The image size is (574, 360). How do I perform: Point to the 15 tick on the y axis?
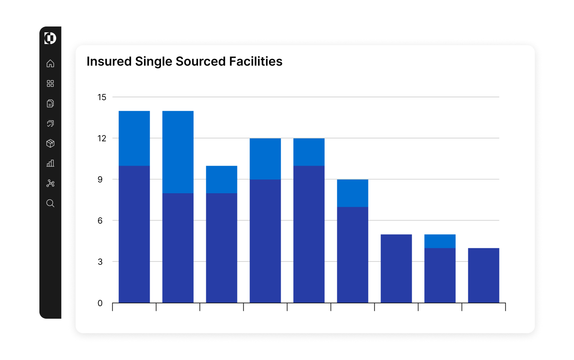102,97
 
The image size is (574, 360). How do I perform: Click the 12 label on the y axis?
102,138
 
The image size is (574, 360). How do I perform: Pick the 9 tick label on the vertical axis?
100,180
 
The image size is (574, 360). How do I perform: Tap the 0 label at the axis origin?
100,303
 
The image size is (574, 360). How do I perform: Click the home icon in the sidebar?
50,64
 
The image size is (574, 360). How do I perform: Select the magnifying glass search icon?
50,203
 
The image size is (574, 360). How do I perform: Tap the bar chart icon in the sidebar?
50,163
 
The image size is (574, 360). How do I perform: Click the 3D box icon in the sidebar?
50,143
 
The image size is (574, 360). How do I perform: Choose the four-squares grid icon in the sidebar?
50,83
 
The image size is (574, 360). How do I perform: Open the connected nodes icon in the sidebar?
50,183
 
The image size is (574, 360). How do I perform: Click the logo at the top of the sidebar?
50,38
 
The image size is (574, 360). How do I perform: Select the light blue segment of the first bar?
134,138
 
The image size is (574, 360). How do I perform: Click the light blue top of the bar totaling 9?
353,193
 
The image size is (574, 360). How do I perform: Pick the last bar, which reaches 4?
484,275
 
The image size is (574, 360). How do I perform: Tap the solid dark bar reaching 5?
396,268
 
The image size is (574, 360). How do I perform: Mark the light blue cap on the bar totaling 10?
221,180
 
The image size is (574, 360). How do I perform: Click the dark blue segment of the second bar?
178,248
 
